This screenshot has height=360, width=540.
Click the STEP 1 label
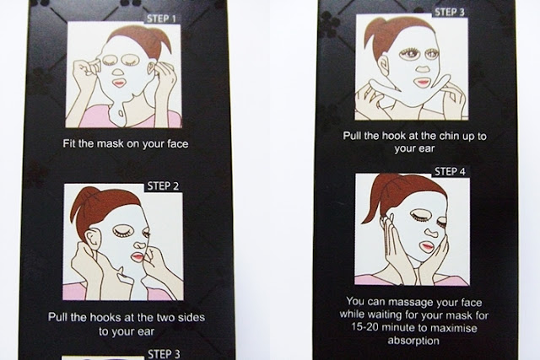point(161,19)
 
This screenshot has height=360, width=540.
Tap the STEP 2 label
point(163,186)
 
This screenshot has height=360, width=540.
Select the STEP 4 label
point(450,171)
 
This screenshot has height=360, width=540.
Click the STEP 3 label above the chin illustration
point(450,12)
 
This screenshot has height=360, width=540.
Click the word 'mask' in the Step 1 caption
point(110,143)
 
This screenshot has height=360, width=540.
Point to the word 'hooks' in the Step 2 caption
point(103,317)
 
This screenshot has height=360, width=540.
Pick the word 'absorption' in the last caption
point(413,341)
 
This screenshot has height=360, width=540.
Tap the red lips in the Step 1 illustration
point(119,83)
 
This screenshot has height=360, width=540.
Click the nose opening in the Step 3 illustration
point(423,67)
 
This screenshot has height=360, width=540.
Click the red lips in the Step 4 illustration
point(426,246)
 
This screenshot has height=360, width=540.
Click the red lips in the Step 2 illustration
point(137,257)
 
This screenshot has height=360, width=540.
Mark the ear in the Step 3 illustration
point(383,67)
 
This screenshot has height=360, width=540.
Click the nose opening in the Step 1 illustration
point(118,73)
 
